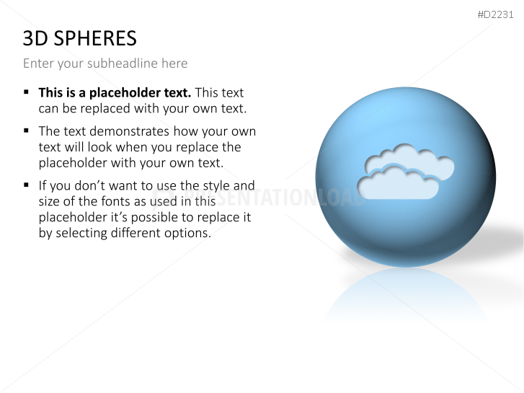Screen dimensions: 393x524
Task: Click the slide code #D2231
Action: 495,14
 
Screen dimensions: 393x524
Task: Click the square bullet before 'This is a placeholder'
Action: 26,92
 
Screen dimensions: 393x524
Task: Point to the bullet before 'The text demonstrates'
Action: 26,131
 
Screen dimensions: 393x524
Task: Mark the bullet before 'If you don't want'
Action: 26,185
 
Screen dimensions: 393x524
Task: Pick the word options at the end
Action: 188,233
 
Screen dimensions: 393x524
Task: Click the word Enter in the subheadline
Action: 38,63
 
